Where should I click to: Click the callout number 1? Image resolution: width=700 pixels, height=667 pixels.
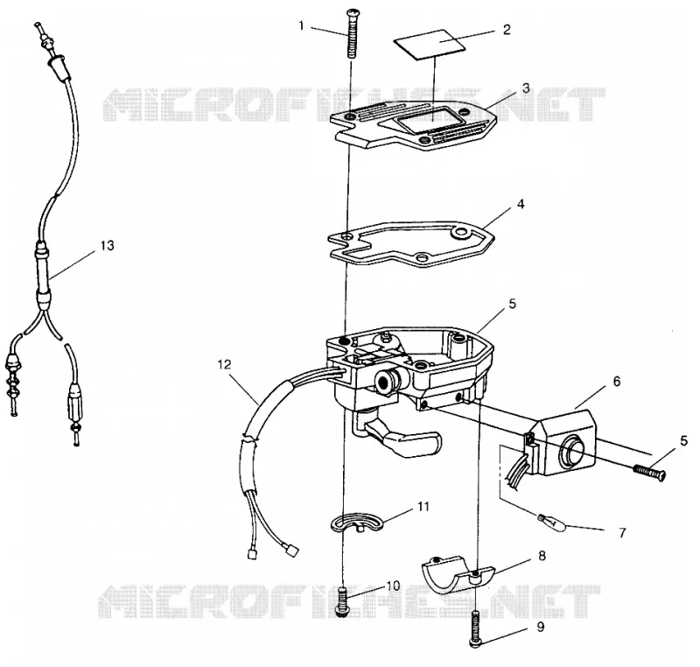[301, 26]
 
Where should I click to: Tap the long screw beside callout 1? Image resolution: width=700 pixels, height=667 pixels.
[351, 34]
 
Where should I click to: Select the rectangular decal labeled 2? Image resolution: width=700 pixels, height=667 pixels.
[430, 45]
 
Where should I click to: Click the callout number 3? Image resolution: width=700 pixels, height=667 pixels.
[526, 88]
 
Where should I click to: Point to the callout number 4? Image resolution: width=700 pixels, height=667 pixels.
[521, 205]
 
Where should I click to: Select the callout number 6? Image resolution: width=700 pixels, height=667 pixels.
[617, 382]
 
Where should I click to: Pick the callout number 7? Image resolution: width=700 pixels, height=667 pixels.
[622, 532]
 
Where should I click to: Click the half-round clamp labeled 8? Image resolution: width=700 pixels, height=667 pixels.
[458, 572]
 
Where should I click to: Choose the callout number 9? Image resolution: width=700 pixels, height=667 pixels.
[541, 628]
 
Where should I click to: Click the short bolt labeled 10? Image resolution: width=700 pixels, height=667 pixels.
[343, 602]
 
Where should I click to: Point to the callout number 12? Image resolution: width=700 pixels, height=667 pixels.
[225, 365]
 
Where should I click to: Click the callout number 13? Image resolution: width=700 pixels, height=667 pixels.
[107, 246]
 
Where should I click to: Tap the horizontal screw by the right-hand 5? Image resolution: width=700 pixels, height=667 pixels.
[650, 471]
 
